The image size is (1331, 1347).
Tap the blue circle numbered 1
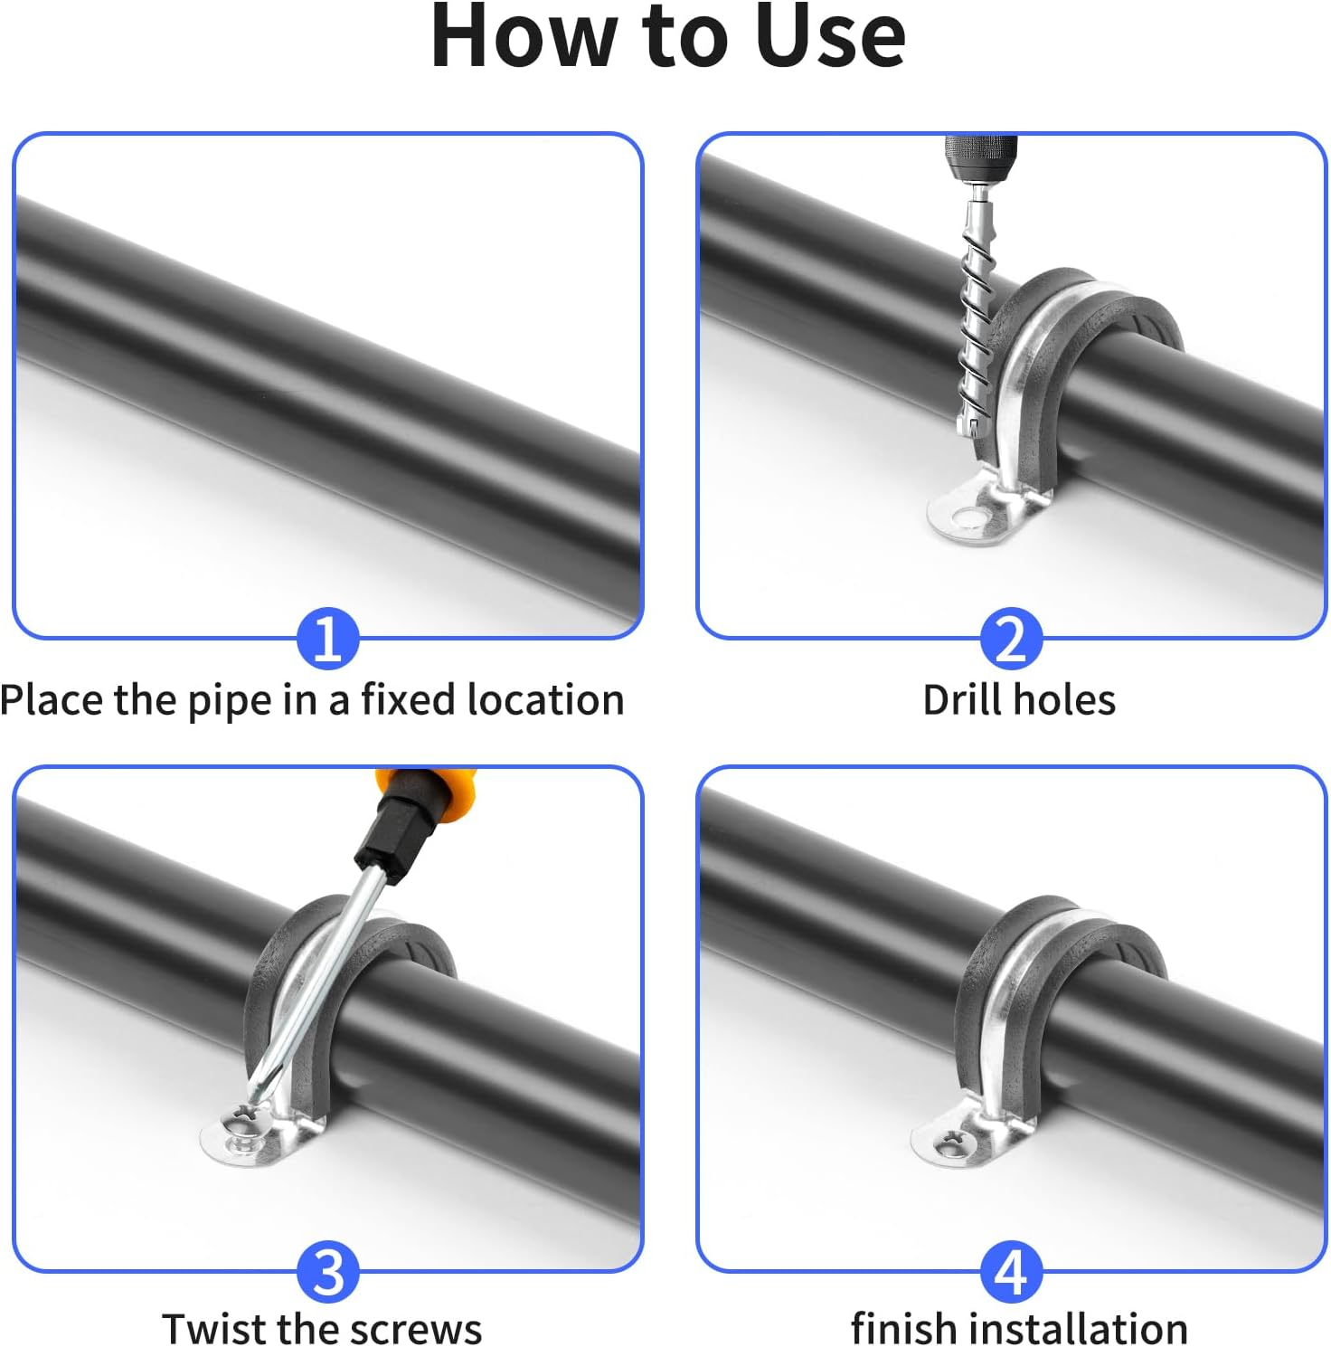(327, 638)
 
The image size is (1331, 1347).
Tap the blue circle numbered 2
(1011, 638)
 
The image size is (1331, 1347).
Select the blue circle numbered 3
(327, 1271)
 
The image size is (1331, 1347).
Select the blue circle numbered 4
(1011, 1271)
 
